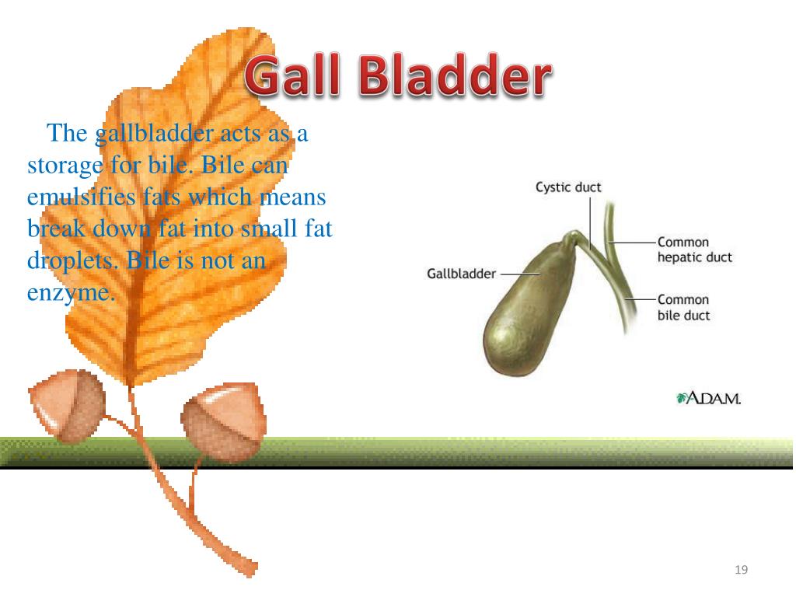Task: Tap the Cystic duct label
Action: [x=568, y=187]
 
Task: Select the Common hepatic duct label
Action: [x=694, y=250]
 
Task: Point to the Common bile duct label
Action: [x=683, y=307]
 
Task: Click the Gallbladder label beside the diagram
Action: [x=461, y=274]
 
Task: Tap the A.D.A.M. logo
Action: [x=709, y=399]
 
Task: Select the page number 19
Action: [x=741, y=571]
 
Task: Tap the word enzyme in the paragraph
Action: [x=71, y=294]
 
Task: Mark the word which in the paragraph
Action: [x=219, y=197]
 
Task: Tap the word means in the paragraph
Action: [x=292, y=197]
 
